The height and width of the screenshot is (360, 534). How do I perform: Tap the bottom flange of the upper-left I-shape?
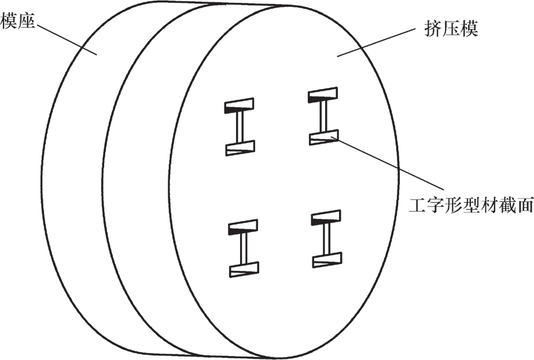tap(240, 148)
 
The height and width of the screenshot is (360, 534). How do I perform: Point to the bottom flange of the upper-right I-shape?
tap(323, 138)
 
